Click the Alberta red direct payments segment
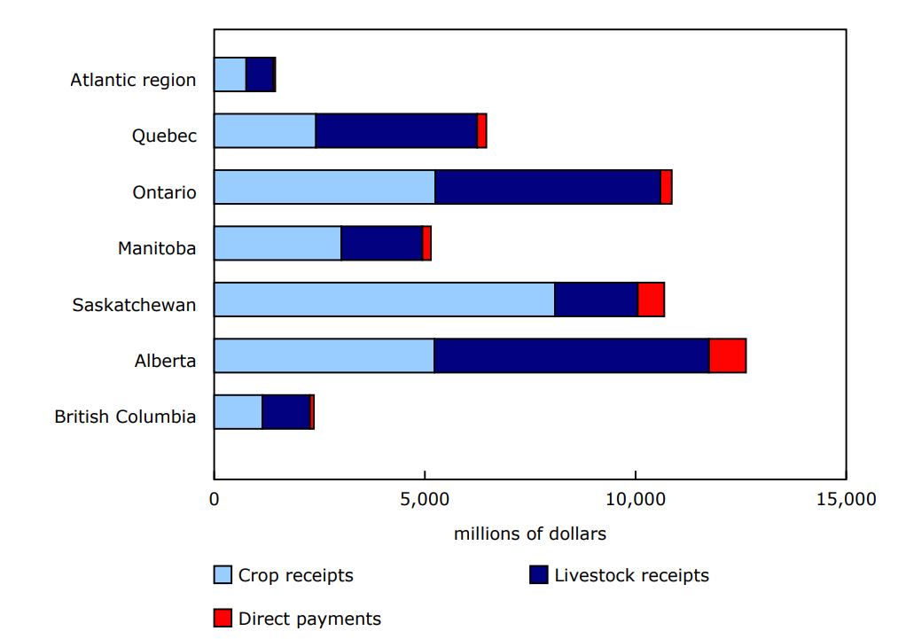click(727, 355)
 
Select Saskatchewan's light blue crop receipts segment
click(384, 300)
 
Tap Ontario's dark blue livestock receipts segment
click(547, 187)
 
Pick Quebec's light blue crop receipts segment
click(265, 131)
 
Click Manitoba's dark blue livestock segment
click(381, 243)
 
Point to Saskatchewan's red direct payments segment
click(651, 300)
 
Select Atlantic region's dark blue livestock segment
click(260, 74)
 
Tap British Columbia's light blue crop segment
click(238, 412)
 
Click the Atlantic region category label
click(133, 80)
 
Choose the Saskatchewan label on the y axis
click(134, 305)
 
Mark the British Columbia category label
click(125, 417)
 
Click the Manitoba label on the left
click(157, 248)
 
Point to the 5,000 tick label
click(425, 500)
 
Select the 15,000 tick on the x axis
click(845, 500)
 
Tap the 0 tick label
click(214, 500)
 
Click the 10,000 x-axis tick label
click(635, 500)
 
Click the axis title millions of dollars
click(529, 534)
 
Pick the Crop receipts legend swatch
click(223, 575)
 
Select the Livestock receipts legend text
click(631, 575)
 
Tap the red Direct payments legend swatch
click(223, 618)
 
